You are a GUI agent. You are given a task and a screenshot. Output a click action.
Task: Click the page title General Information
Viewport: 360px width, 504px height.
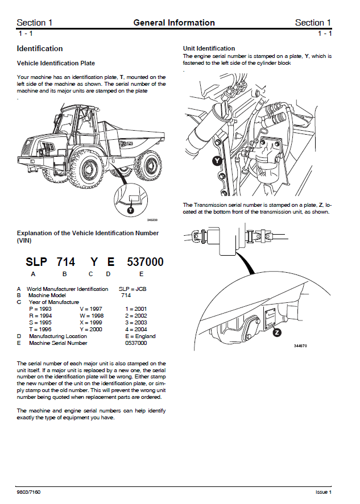(174, 23)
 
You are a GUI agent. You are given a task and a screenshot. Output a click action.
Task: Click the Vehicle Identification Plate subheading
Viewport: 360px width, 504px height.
(56, 63)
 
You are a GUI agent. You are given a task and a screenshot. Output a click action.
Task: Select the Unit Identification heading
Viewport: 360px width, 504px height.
(209, 48)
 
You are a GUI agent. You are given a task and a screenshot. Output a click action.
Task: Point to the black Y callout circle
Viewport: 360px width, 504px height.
(217, 161)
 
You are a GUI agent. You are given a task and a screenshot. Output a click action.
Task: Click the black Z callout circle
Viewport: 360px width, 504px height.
(277, 332)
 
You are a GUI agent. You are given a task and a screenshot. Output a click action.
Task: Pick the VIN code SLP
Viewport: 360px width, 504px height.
(38, 262)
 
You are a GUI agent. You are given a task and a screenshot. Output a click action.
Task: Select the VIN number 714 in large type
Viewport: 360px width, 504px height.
(66, 262)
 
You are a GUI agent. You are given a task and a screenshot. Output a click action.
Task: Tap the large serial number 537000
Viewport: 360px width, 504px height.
(145, 262)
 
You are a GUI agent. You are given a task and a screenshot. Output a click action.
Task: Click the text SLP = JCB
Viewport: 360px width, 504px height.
(133, 289)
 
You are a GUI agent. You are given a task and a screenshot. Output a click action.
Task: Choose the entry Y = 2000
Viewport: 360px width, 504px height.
(92, 330)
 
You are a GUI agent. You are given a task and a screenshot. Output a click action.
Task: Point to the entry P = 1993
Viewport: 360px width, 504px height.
(41, 309)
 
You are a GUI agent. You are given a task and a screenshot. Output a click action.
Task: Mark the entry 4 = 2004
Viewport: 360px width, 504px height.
(136, 330)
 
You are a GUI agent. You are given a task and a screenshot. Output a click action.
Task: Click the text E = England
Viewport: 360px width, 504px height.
(140, 336)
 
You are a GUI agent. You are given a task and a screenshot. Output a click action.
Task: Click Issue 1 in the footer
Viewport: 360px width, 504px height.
(324, 491)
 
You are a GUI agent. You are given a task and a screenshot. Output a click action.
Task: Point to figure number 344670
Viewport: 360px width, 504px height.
(300, 346)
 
